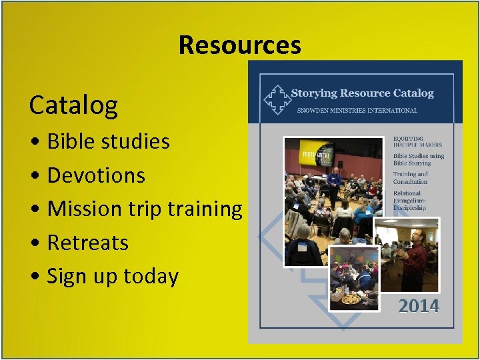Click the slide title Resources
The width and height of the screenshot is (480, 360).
point(239,45)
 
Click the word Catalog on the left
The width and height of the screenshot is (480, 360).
point(73,105)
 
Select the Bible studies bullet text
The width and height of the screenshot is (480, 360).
point(108,141)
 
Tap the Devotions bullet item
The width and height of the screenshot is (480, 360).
point(96,175)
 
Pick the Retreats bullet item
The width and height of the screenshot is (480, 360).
point(87,243)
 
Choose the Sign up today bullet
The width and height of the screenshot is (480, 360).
point(113,276)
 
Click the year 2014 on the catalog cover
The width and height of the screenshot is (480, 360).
point(419,307)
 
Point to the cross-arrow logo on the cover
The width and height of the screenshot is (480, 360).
point(277,99)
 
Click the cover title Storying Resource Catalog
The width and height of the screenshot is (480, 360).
point(362,93)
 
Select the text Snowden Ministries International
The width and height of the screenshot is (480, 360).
point(357,111)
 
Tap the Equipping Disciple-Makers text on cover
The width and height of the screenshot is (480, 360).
point(417,141)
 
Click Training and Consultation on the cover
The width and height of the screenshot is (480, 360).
point(411,178)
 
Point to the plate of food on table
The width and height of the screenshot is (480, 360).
point(351,299)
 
